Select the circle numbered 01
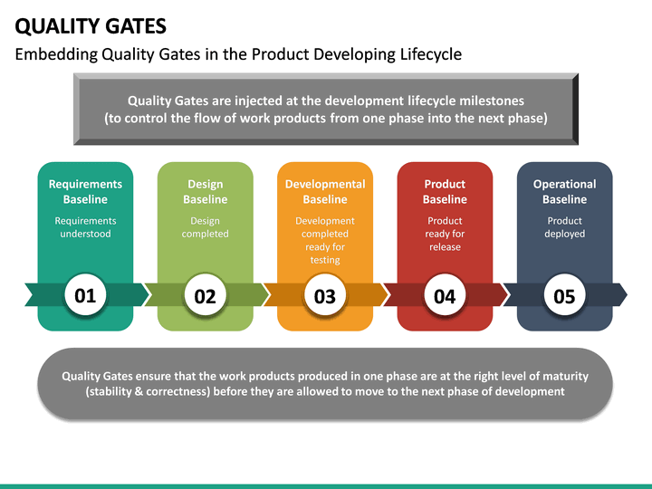tap(85, 295)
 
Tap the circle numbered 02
tap(206, 295)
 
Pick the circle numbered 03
tap(325, 295)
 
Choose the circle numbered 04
tap(445, 295)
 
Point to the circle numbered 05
tap(564, 295)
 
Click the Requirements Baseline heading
tap(85, 192)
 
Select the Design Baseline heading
tap(206, 192)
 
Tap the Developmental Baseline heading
tap(325, 192)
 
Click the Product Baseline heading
tap(445, 192)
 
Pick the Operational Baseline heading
tap(564, 192)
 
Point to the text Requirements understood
tap(85, 227)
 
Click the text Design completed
tap(206, 227)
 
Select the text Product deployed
tap(564, 227)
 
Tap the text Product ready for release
tap(445, 234)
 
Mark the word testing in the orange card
tap(325, 260)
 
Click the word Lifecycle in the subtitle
tap(430, 54)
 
